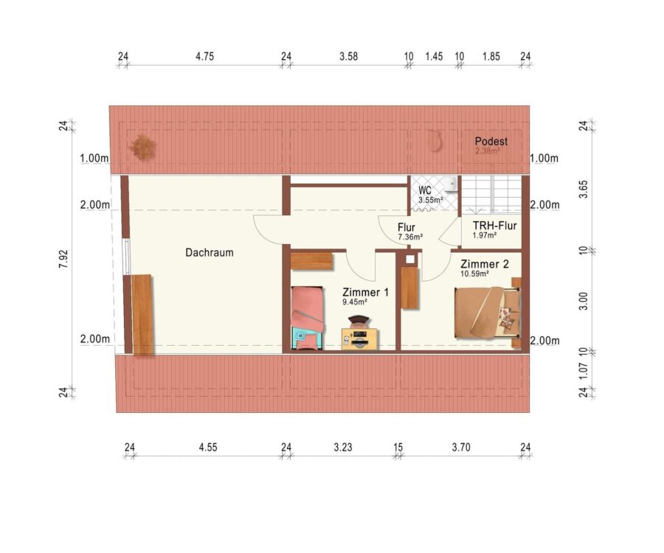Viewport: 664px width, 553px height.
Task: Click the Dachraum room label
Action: click(210, 253)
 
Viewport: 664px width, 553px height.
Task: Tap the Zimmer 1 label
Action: click(365, 293)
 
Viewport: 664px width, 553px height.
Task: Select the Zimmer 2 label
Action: click(485, 265)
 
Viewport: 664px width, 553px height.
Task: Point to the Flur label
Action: click(406, 228)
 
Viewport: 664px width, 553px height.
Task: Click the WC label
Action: click(425, 190)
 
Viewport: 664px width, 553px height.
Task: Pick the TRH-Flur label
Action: click(494, 226)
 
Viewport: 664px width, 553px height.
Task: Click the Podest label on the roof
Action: click(491, 142)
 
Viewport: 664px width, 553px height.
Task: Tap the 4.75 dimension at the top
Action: click(204, 56)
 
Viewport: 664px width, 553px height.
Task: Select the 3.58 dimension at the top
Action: click(348, 56)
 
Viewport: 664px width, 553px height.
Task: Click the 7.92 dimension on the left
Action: click(63, 259)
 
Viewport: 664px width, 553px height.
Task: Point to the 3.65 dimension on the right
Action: click(584, 189)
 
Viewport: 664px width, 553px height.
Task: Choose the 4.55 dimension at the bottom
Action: click(208, 448)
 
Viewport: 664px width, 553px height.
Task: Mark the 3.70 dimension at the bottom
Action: click(460, 448)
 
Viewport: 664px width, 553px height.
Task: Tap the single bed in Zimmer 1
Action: click(308, 319)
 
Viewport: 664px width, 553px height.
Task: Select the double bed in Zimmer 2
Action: click(487, 313)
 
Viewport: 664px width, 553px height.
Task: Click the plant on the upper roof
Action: click(142, 147)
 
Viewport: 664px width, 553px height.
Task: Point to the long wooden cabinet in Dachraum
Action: click(142, 314)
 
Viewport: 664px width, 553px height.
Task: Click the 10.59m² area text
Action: click(474, 274)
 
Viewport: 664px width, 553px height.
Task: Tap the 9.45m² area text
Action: click(354, 302)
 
